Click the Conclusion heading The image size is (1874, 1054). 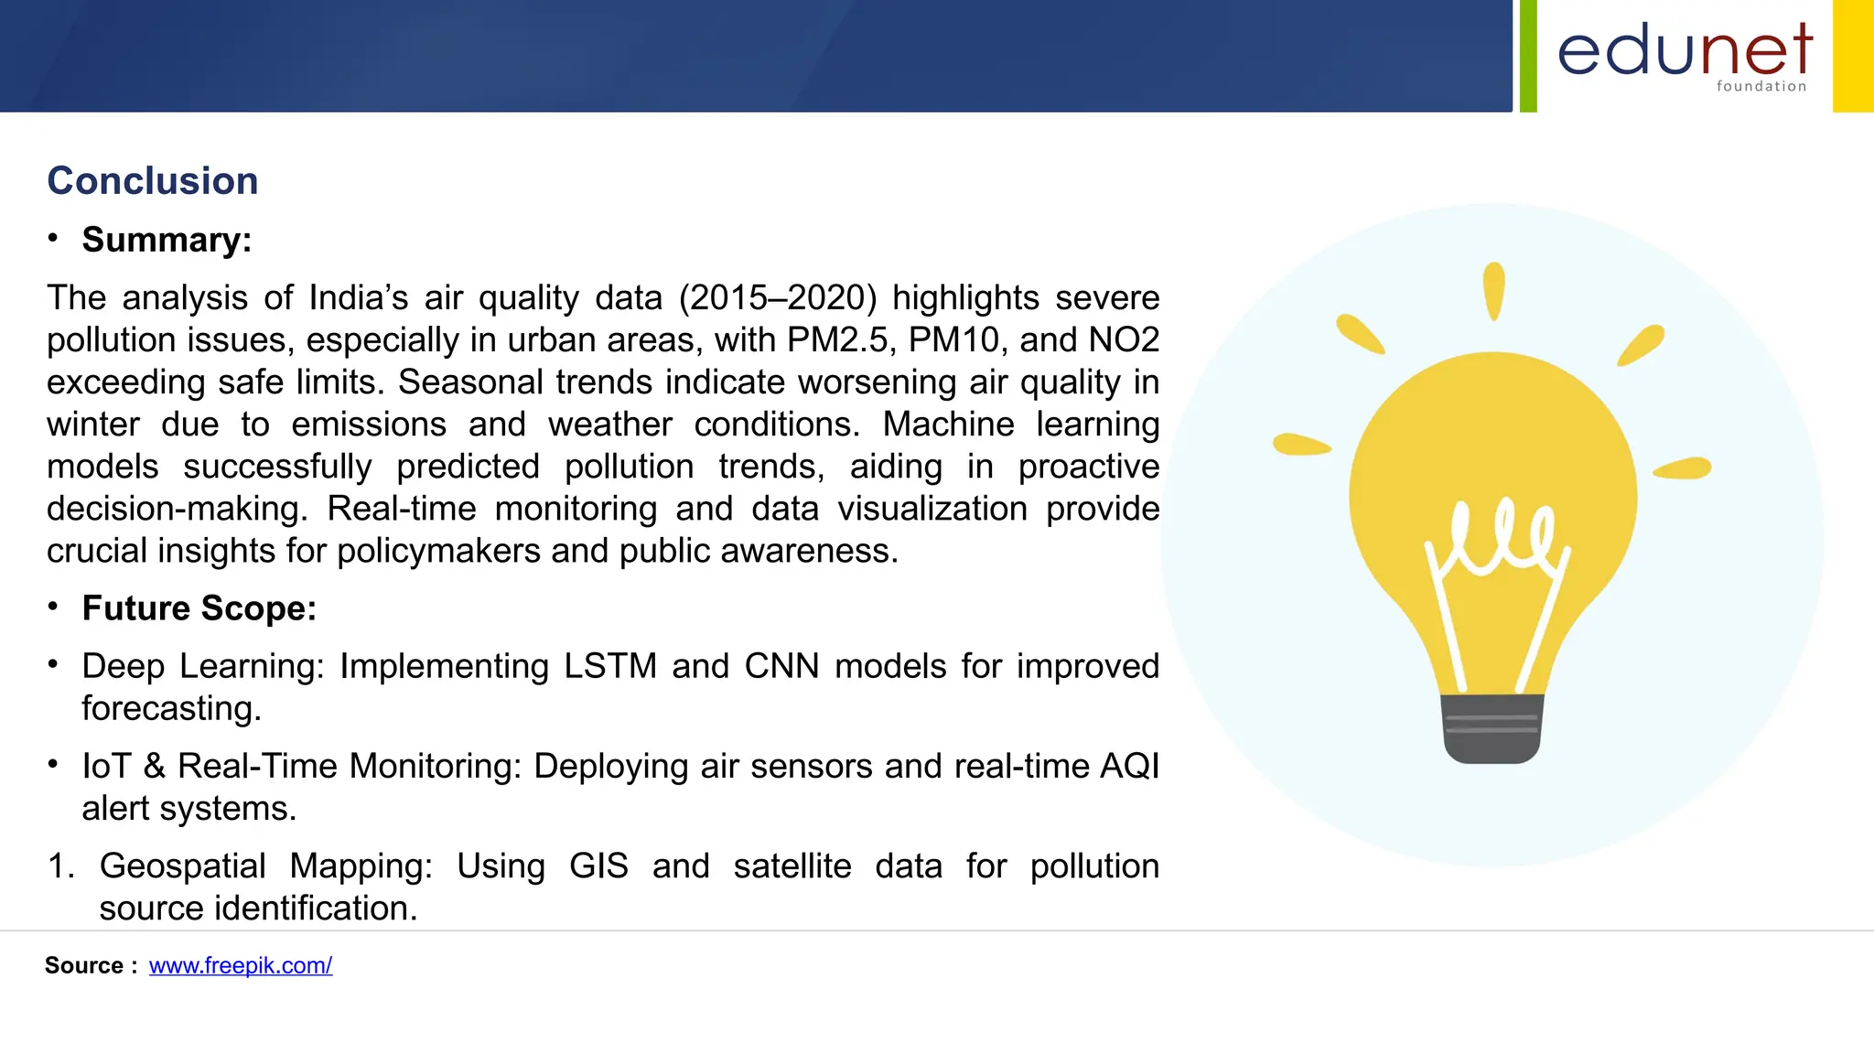pos(153,181)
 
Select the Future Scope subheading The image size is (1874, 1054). pos(199,608)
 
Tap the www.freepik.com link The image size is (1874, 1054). pos(241,966)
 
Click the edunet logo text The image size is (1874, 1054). pos(1685,51)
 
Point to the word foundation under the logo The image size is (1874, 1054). pos(1761,87)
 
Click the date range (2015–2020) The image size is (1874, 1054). pos(778,298)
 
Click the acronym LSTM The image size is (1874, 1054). pos(610,667)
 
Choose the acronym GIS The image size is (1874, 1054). pos(598,866)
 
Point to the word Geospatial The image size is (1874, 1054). pos(182,866)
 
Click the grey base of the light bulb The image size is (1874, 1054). pos(1492,729)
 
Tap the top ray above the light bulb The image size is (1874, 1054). pos(1494,291)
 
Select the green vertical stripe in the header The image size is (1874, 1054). pos(1528,56)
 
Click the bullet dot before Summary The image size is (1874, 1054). pos(53,239)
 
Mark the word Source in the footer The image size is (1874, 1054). pos(84,966)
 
